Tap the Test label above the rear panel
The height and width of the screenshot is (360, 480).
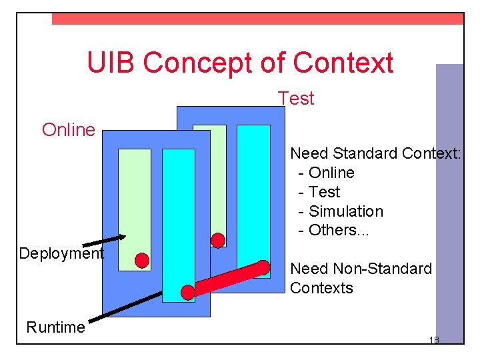point(296,99)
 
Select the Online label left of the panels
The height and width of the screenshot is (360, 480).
point(69,130)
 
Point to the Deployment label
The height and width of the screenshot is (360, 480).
point(61,253)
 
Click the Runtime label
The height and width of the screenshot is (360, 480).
point(55,327)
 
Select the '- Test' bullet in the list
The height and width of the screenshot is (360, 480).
point(319,192)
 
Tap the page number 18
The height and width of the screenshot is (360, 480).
point(434,340)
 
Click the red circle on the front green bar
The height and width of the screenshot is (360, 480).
point(141,260)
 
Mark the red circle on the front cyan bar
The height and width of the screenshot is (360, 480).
point(188,292)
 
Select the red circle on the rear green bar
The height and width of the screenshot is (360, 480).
point(217,240)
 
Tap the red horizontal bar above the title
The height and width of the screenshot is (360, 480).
point(257,19)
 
